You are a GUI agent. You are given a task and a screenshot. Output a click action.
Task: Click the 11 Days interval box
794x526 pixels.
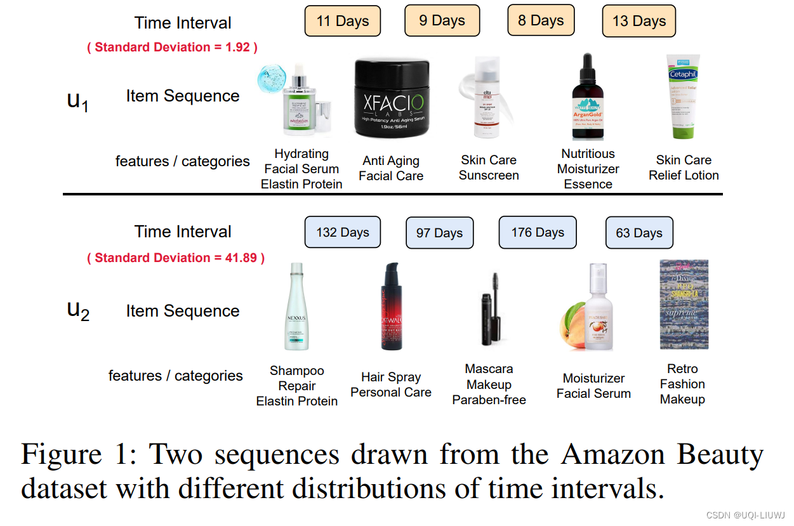(343, 21)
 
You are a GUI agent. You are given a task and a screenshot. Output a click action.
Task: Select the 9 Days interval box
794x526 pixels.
(442, 20)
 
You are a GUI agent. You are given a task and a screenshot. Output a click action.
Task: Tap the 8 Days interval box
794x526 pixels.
(541, 20)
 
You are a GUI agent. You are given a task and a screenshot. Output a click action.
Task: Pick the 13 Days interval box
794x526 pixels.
(639, 22)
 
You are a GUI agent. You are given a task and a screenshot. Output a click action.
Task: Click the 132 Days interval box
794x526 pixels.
(343, 232)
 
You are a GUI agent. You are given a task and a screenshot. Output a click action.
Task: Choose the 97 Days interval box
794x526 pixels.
(439, 233)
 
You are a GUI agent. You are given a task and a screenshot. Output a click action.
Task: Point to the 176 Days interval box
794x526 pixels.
(538, 232)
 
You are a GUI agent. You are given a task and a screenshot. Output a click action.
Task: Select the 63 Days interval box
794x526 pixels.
(639, 233)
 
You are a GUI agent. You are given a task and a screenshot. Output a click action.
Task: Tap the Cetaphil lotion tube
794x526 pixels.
(682, 96)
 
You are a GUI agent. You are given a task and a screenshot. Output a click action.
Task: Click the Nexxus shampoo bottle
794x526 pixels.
(296, 307)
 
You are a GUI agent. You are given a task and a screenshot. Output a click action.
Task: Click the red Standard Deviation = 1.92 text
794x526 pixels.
(172, 47)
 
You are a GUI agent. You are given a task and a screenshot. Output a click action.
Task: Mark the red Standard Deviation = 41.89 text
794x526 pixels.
(176, 258)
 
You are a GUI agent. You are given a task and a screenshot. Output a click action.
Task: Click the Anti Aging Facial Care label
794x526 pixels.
(391, 168)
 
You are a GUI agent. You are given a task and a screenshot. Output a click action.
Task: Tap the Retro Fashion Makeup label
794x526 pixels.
(682, 384)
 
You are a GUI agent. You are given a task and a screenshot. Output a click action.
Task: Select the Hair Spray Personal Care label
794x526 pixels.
(391, 385)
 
